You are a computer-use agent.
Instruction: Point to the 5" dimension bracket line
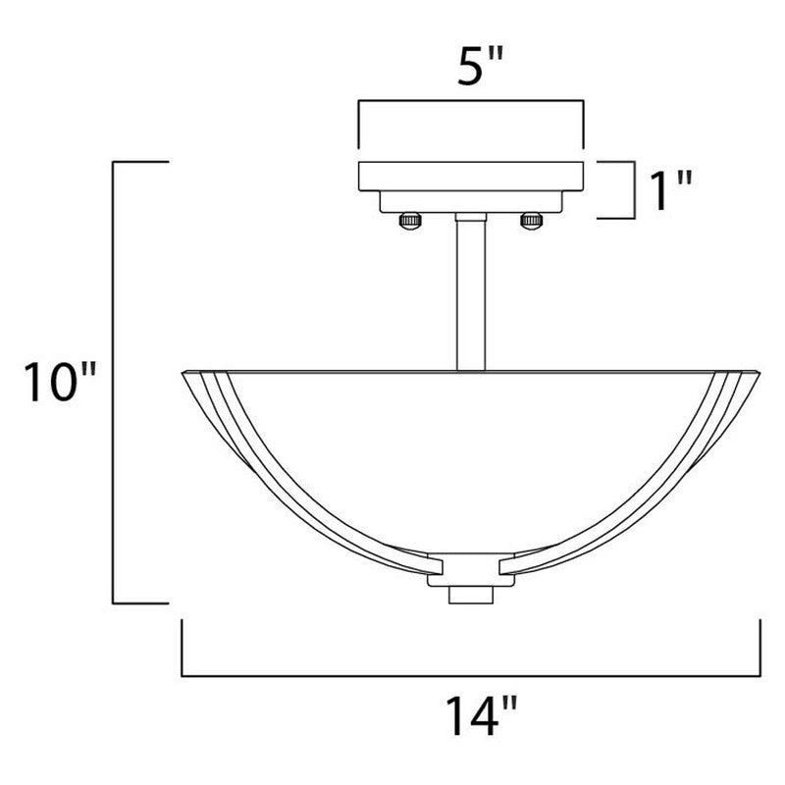click(x=472, y=100)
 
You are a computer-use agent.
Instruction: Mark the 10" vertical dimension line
click(x=116, y=383)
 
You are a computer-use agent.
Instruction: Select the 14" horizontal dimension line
click(x=472, y=676)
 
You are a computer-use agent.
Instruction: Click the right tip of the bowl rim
click(x=758, y=372)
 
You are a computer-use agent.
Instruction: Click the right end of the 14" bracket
click(x=761, y=648)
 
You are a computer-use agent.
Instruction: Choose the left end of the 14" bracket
click(x=183, y=648)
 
